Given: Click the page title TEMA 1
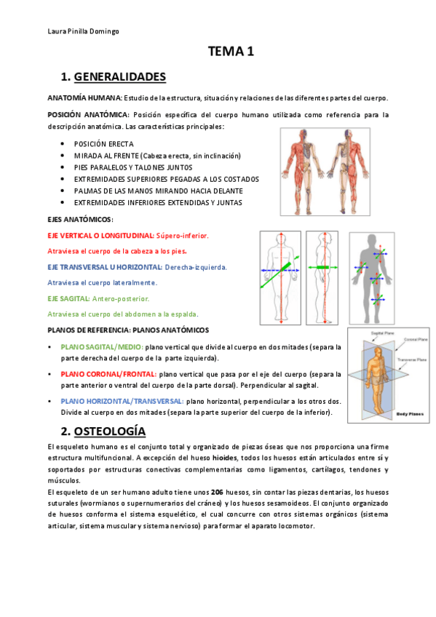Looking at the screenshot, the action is (x=231, y=52).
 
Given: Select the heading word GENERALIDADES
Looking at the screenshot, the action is (x=120, y=76).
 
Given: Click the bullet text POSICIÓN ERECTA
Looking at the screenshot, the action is (x=104, y=144).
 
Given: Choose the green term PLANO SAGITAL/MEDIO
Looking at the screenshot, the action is (x=102, y=347).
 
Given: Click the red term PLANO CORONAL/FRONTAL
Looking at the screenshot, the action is (x=107, y=374).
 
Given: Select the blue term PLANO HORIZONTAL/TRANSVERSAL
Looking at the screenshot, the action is (x=122, y=401).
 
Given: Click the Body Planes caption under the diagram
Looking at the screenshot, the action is (x=410, y=414).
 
